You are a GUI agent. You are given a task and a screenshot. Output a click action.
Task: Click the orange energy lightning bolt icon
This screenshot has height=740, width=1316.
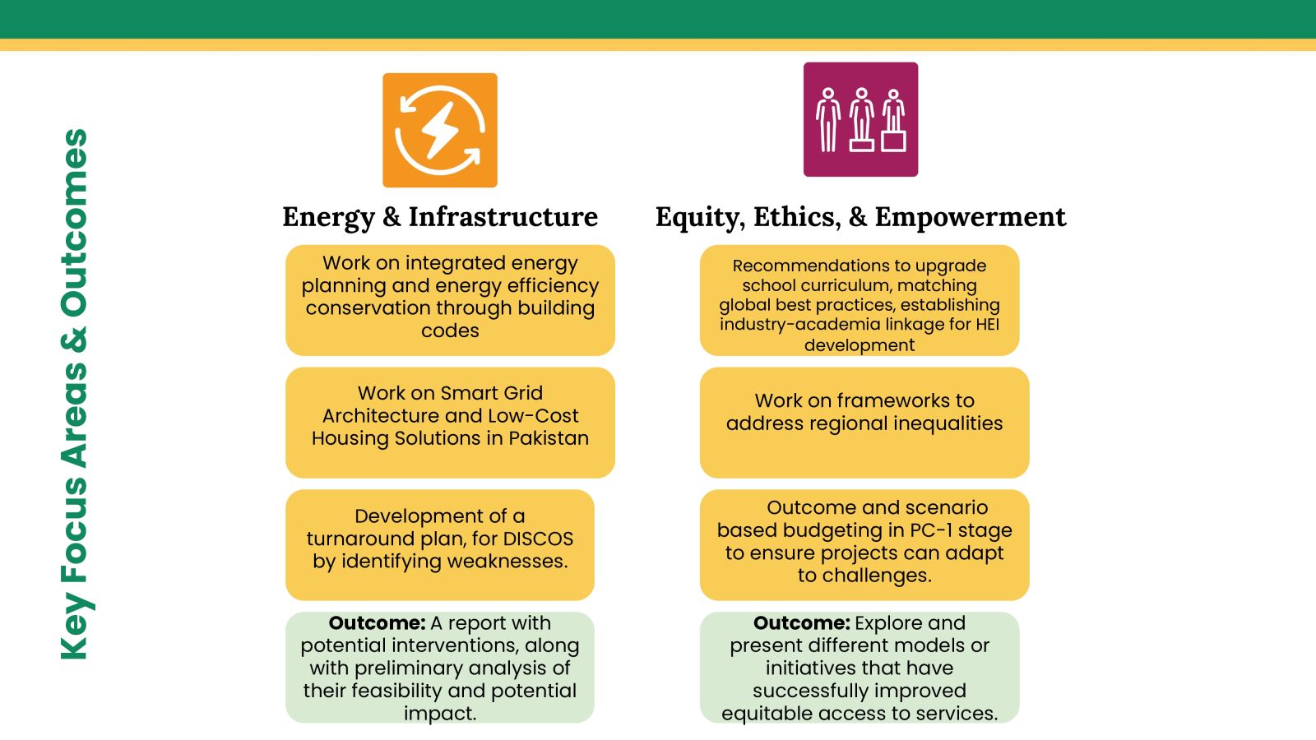pos(440,131)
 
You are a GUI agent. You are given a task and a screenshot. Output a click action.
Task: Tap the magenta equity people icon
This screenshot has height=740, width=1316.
pos(860,119)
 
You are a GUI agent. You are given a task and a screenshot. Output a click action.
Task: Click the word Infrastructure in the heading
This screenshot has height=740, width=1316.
pos(503,217)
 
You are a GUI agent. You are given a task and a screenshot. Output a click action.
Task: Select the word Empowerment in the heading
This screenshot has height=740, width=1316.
pos(970,217)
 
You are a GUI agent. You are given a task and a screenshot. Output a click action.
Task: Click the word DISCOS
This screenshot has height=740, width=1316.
pos(538,539)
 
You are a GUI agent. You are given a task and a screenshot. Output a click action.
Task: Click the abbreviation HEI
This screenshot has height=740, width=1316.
pos(987,324)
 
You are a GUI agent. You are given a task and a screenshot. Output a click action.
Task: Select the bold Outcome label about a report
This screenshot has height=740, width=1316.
pos(377,623)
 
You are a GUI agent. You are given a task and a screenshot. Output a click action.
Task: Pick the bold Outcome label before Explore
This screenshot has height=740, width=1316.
pos(801,623)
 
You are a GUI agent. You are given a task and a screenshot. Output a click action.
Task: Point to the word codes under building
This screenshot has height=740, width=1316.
pos(450,331)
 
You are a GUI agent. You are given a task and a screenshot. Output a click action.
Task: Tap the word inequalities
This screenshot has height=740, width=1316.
pos(940,423)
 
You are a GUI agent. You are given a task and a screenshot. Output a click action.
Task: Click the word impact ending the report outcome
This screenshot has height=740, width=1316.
pos(440,714)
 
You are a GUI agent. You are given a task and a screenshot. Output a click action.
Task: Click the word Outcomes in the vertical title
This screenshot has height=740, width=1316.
pos(75,223)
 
